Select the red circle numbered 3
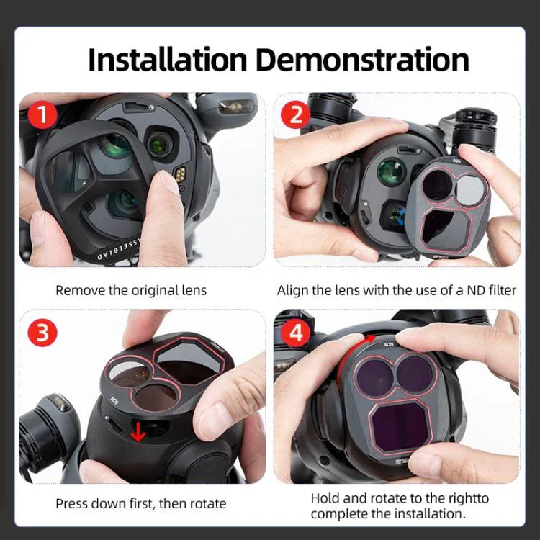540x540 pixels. pyautogui.click(x=43, y=333)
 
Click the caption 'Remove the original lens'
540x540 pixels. pyautogui.click(x=131, y=291)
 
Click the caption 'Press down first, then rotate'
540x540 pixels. pyautogui.click(x=140, y=503)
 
